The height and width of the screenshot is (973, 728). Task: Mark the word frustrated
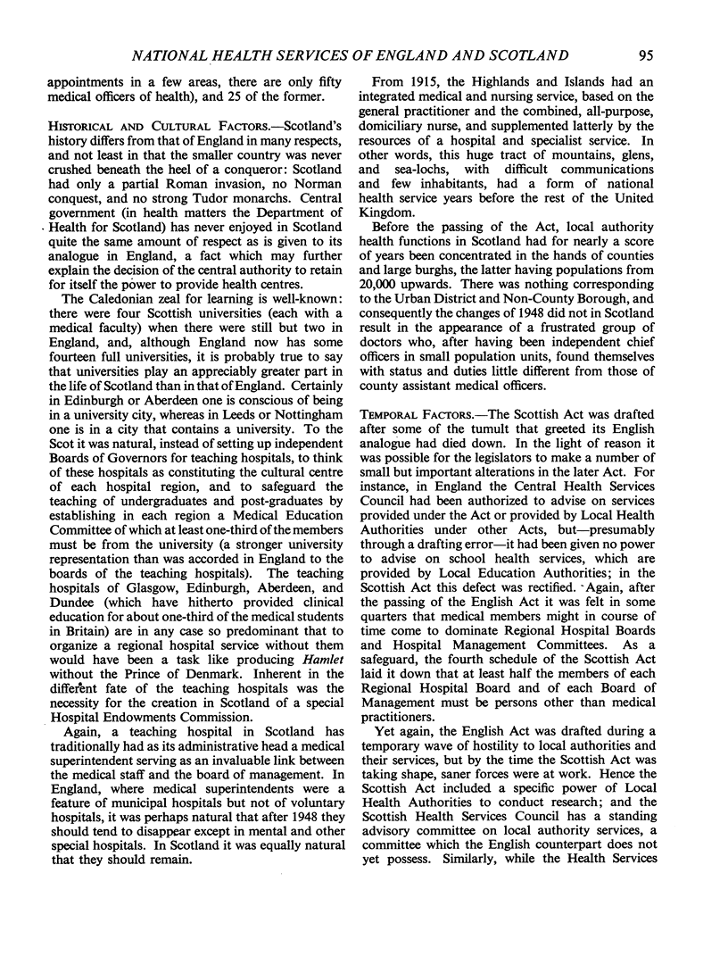coord(568,340)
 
